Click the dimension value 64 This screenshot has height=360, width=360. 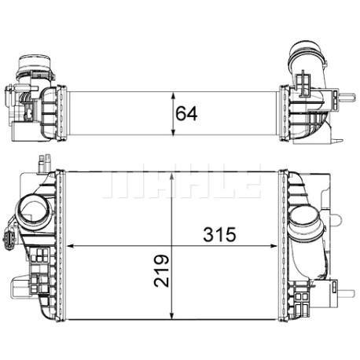click(x=186, y=114)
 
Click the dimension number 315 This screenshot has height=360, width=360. click(x=219, y=234)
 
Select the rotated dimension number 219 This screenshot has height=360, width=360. click(x=162, y=270)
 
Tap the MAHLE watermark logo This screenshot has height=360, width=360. click(x=182, y=181)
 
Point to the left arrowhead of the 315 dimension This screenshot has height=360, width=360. click(x=70, y=246)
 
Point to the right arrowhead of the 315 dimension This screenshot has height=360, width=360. click(x=274, y=246)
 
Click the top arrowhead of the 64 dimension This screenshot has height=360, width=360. click(x=173, y=95)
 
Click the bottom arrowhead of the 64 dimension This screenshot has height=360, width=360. click(x=173, y=132)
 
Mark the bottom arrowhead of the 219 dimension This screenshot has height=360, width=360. click(x=171, y=316)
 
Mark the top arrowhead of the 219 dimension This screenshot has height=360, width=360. click(x=171, y=176)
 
